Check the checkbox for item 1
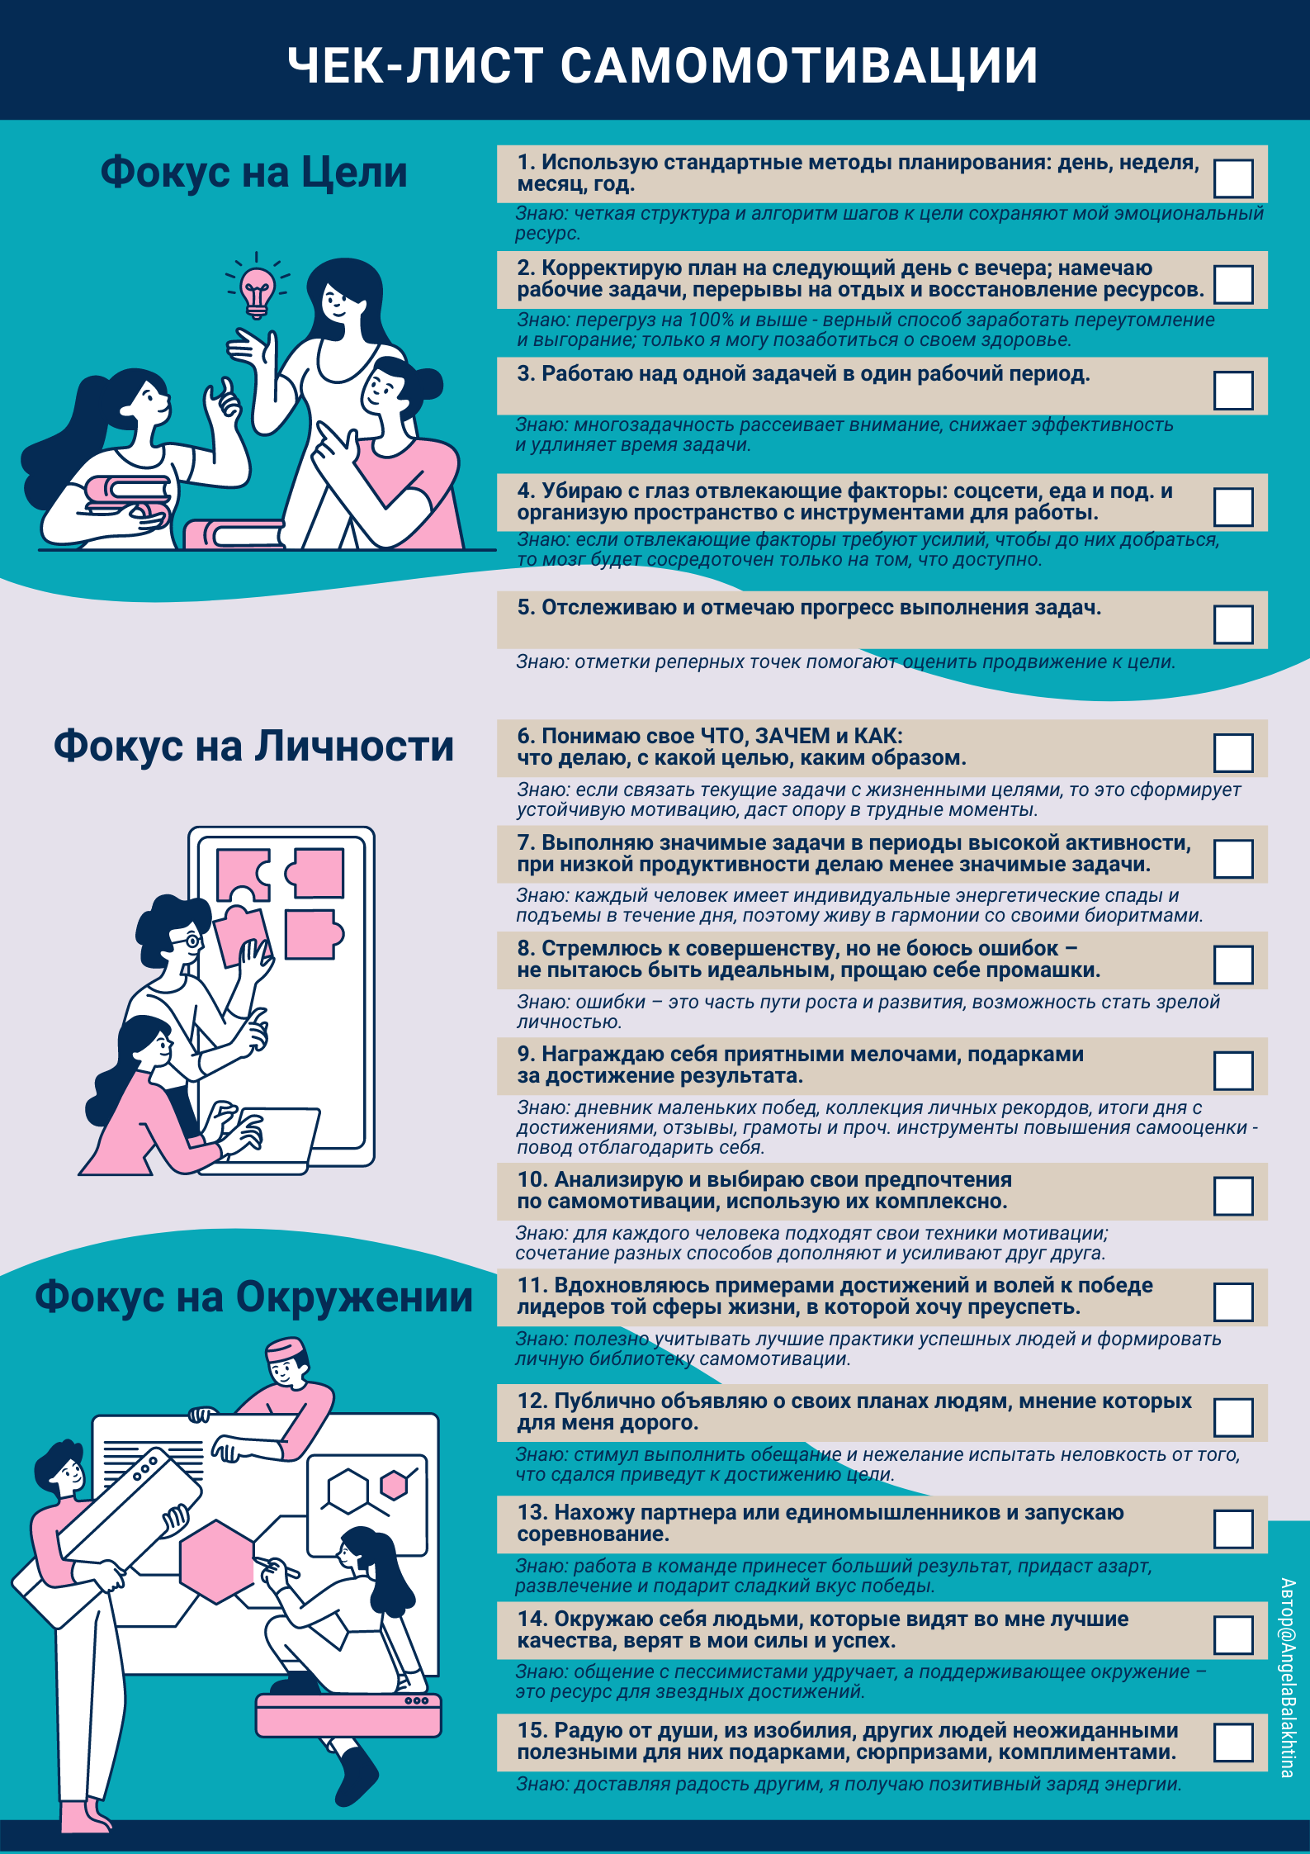pyautogui.click(x=1233, y=178)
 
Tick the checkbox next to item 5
pyautogui.click(x=1233, y=624)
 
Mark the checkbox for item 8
pyautogui.click(x=1233, y=965)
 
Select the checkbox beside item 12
pyautogui.click(x=1233, y=1417)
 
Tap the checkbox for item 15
pyautogui.click(x=1233, y=1743)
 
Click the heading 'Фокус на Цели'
pyautogui.click(x=254, y=172)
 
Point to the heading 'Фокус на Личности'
pyautogui.click(x=254, y=746)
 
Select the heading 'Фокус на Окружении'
pyautogui.click(x=254, y=1297)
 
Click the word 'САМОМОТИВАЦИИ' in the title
pyautogui.click(x=799, y=65)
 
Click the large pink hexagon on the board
pyautogui.click(x=217, y=1562)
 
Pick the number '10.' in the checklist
pyautogui.click(x=532, y=1179)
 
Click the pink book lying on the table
pyautogui.click(x=234, y=534)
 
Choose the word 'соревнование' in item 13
pyautogui.click(x=593, y=1534)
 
